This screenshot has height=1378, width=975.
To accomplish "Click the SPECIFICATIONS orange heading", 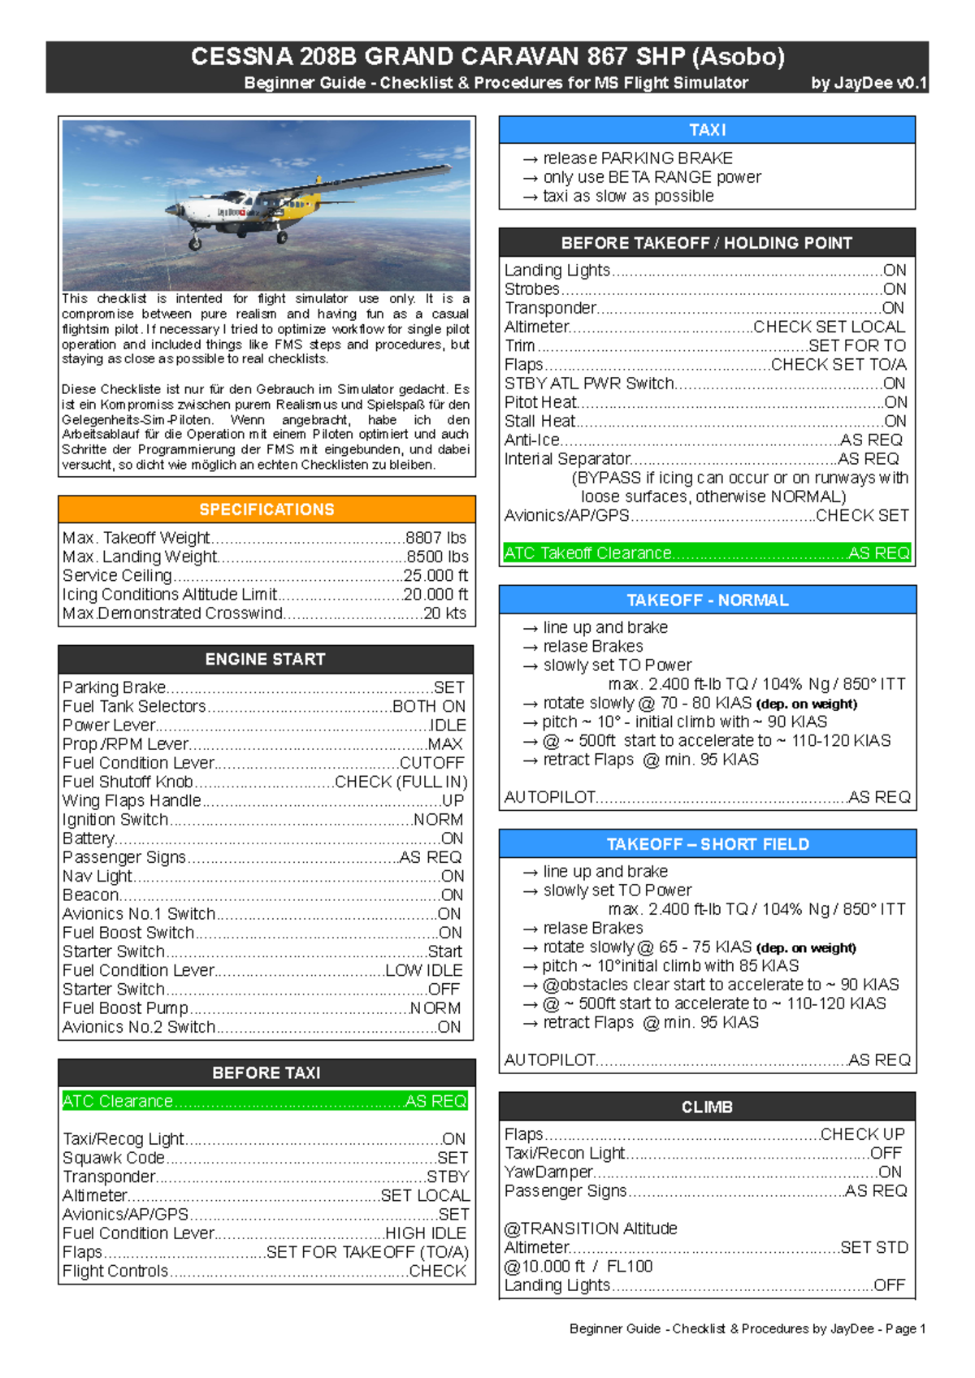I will click(x=266, y=509).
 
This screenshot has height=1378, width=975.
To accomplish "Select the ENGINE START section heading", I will click(x=265, y=659).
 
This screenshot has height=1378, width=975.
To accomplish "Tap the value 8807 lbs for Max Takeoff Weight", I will click(x=435, y=538).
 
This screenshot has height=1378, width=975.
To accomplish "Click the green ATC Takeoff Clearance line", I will click(x=706, y=553).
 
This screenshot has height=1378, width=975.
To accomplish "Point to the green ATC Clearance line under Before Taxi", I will click(x=265, y=1101).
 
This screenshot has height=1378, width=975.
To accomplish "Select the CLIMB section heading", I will click(x=706, y=1107).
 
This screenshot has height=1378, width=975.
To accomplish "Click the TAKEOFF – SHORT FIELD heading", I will click(x=707, y=844).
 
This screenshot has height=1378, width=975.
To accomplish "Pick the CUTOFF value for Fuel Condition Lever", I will click(x=432, y=763).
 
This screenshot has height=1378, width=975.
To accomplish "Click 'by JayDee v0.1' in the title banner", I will click(x=868, y=83).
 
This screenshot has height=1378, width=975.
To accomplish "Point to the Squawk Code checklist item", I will click(x=114, y=1158).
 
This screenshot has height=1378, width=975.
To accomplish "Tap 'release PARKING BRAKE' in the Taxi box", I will click(x=637, y=158).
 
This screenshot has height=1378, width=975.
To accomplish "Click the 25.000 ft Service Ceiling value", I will click(x=435, y=575).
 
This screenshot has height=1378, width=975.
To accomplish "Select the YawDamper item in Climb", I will click(x=548, y=1172).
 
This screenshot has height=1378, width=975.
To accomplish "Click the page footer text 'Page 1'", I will click(x=905, y=1328).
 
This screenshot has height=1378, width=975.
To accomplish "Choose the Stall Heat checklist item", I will click(x=539, y=421).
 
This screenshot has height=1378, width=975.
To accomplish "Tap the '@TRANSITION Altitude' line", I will click(x=591, y=1228).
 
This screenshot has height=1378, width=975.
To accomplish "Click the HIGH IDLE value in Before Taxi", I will click(x=426, y=1233).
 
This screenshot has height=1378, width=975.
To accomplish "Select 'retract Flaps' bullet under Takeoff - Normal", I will click(x=588, y=760).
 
